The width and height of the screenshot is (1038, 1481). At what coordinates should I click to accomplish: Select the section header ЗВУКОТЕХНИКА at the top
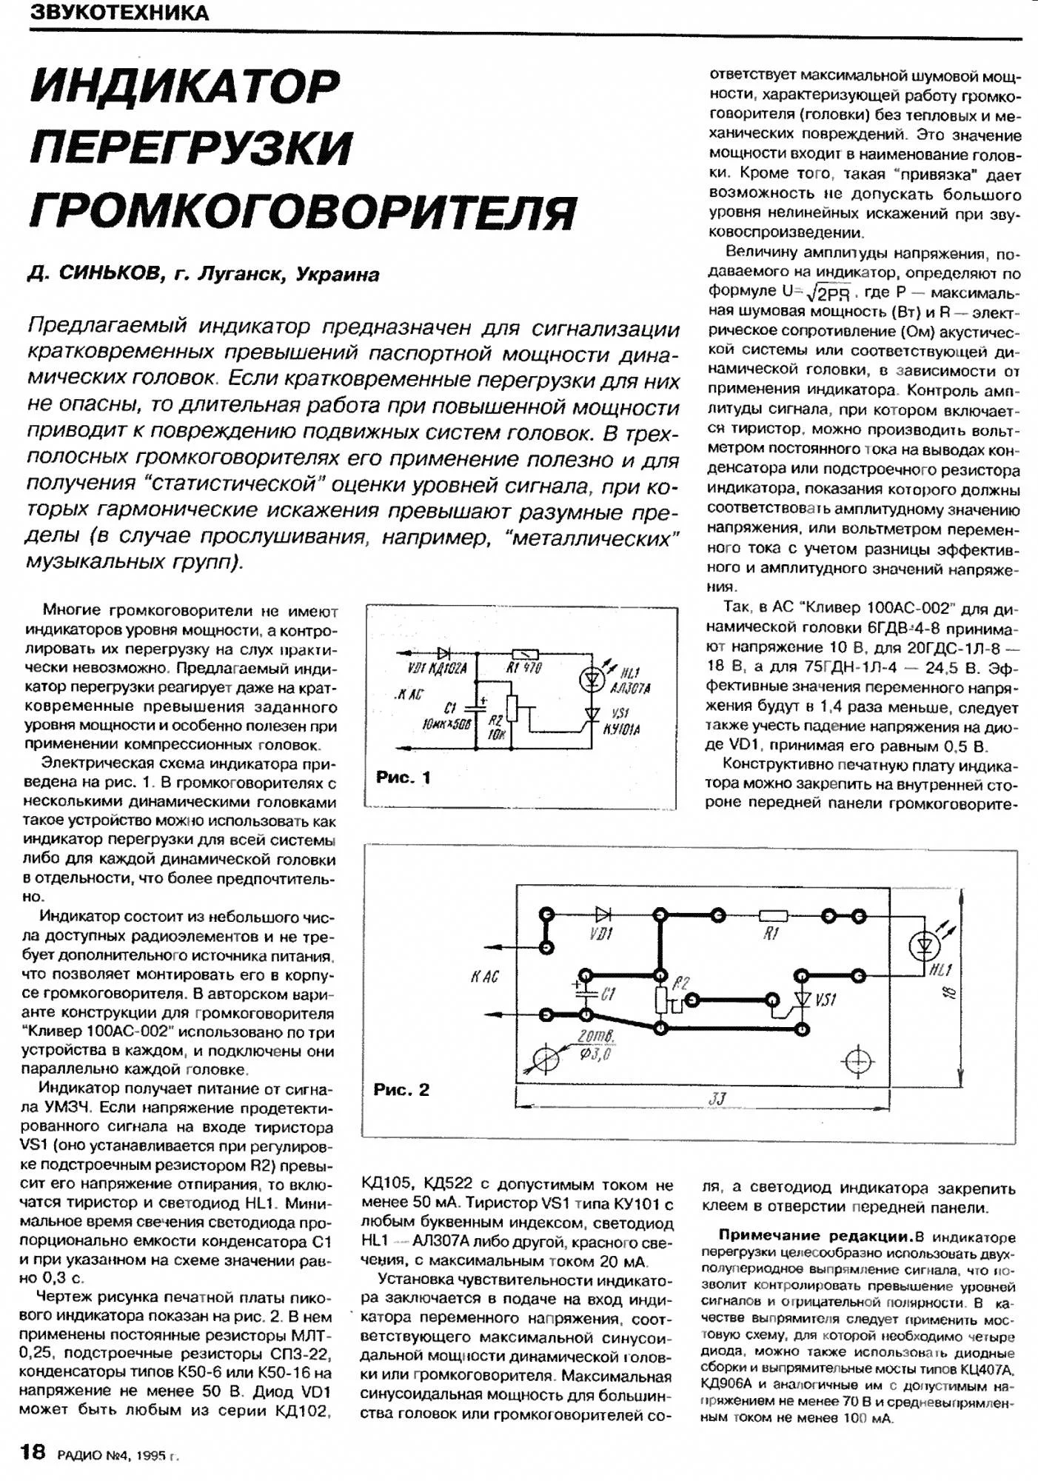(118, 13)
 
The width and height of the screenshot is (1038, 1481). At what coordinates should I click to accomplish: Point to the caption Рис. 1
(403, 777)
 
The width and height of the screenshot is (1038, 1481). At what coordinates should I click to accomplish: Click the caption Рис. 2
(401, 1089)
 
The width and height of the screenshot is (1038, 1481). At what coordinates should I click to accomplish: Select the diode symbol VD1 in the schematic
(444, 654)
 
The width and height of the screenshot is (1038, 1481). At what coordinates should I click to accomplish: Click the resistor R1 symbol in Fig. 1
(525, 654)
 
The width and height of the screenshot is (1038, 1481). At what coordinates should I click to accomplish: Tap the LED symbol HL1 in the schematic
(592, 679)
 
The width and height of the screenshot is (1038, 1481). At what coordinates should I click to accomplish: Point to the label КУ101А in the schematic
(622, 729)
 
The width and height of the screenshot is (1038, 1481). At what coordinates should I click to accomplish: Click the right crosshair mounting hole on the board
(858, 1061)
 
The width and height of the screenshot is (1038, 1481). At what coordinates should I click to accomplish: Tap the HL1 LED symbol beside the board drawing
(924, 946)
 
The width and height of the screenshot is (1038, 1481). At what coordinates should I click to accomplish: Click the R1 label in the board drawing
(771, 935)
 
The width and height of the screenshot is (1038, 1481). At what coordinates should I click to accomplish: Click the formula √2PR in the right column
(830, 292)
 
